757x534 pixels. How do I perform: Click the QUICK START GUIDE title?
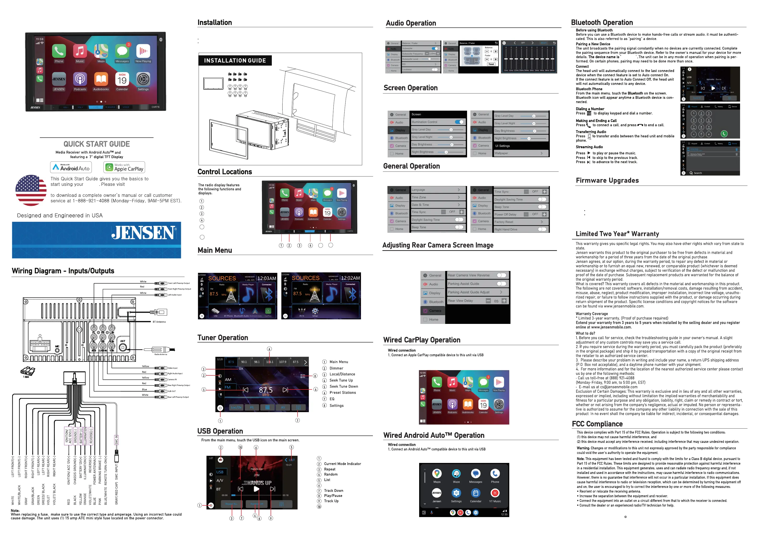[97, 144]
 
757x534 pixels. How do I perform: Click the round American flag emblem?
[31, 190]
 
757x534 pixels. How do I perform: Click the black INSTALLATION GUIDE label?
[235, 61]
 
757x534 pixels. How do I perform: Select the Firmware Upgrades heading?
[607, 180]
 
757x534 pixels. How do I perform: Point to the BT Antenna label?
[159, 322]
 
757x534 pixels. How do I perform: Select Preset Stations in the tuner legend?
[343, 393]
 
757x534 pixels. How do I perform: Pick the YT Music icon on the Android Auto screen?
[495, 493]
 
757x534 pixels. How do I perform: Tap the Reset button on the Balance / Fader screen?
[491, 64]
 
